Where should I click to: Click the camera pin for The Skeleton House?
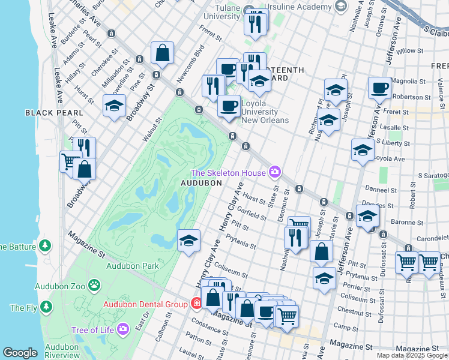274,173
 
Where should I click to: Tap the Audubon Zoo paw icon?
94,284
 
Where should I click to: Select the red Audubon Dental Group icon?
195,304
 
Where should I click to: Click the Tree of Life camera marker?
122,328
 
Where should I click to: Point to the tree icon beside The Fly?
44,307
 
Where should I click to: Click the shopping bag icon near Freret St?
163,53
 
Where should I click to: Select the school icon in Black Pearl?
113,106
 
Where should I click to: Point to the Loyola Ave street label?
389,159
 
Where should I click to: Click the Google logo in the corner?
20,353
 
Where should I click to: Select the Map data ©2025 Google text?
412,355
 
